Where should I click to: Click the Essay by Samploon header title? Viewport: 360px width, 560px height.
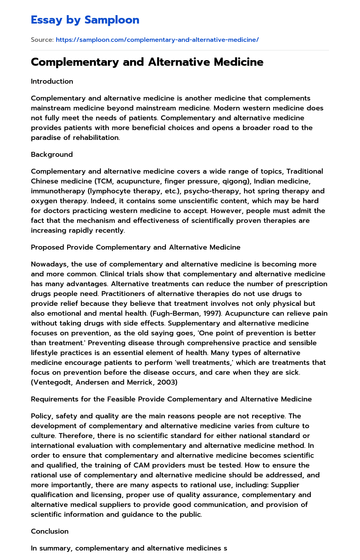coord(85,20)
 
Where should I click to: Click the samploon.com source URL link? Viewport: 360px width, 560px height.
coord(157,40)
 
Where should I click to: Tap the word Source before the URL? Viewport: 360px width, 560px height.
coord(42,40)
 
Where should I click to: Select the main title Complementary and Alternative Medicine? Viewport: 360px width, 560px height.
coord(147,62)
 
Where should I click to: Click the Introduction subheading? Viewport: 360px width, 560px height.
coord(52,81)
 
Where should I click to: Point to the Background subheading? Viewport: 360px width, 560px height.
coord(52,154)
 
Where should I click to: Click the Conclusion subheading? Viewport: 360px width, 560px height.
coord(50,531)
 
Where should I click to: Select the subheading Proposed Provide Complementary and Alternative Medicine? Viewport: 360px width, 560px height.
coord(135,247)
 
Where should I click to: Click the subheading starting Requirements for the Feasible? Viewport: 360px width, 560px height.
coord(171,399)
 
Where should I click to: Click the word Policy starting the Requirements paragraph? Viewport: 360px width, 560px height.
coord(41,416)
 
